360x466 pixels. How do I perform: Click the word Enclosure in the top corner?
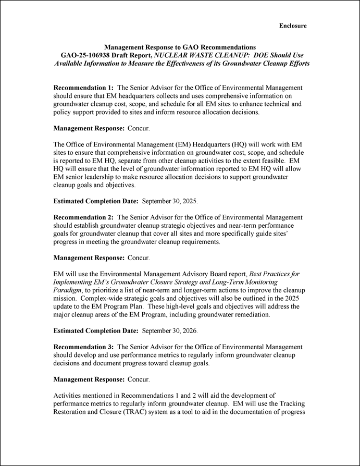pos(293,26)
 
